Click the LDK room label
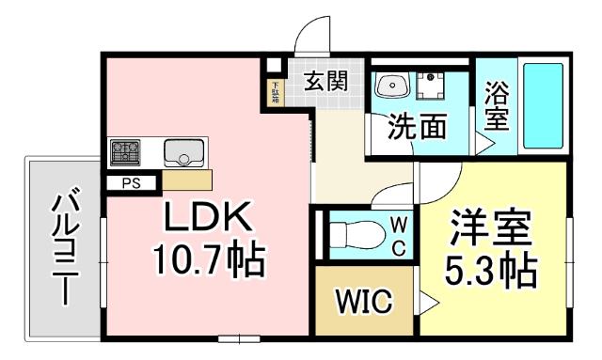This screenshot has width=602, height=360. [x=209, y=219]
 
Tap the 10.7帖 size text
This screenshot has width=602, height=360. [x=209, y=259]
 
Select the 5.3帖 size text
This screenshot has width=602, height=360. [x=490, y=271]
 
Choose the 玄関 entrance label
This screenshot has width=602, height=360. [x=325, y=80]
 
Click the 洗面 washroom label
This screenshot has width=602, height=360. [x=418, y=127]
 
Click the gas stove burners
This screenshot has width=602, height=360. [x=124, y=151]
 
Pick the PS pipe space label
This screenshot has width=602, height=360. [x=131, y=183]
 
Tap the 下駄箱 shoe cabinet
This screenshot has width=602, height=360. [x=275, y=92]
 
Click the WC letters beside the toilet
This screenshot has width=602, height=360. [x=398, y=235]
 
